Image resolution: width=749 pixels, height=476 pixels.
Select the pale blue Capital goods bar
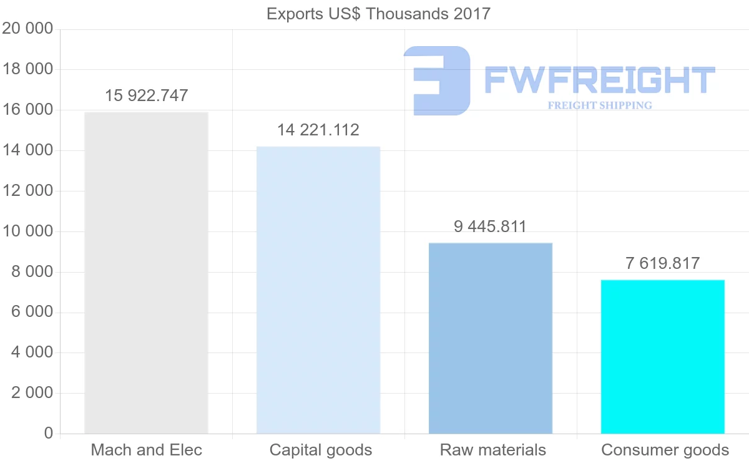pyautogui.click(x=318, y=290)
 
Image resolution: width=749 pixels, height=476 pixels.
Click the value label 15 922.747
pyautogui.click(x=146, y=95)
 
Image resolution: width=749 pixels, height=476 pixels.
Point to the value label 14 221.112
pyautogui.click(x=318, y=130)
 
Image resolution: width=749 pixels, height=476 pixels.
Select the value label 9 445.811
pyautogui.click(x=491, y=226)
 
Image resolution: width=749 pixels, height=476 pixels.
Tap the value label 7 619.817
pyautogui.click(x=663, y=263)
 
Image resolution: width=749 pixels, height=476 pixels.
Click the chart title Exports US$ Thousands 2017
pyautogui.click(x=379, y=14)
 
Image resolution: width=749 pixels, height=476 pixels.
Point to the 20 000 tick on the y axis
pyautogui.click(x=27, y=29)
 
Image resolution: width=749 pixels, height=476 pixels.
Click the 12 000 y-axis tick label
pyautogui.click(x=27, y=191)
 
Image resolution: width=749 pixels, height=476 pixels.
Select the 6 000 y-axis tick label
pyautogui.click(x=32, y=313)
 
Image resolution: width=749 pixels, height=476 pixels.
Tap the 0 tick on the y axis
pyautogui.click(x=49, y=434)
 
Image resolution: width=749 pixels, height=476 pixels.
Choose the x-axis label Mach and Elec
pyautogui.click(x=146, y=450)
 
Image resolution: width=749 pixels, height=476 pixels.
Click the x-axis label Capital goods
pyautogui.click(x=321, y=450)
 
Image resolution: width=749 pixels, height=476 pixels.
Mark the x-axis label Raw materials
pyautogui.click(x=492, y=450)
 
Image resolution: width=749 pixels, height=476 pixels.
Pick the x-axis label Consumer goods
pyautogui.click(x=665, y=450)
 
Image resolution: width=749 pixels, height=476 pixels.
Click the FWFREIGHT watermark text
pyautogui.click(x=599, y=80)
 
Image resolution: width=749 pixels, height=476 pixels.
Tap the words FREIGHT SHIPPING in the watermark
pyautogui.click(x=600, y=105)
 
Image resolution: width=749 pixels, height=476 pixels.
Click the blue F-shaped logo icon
pyautogui.click(x=436, y=80)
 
